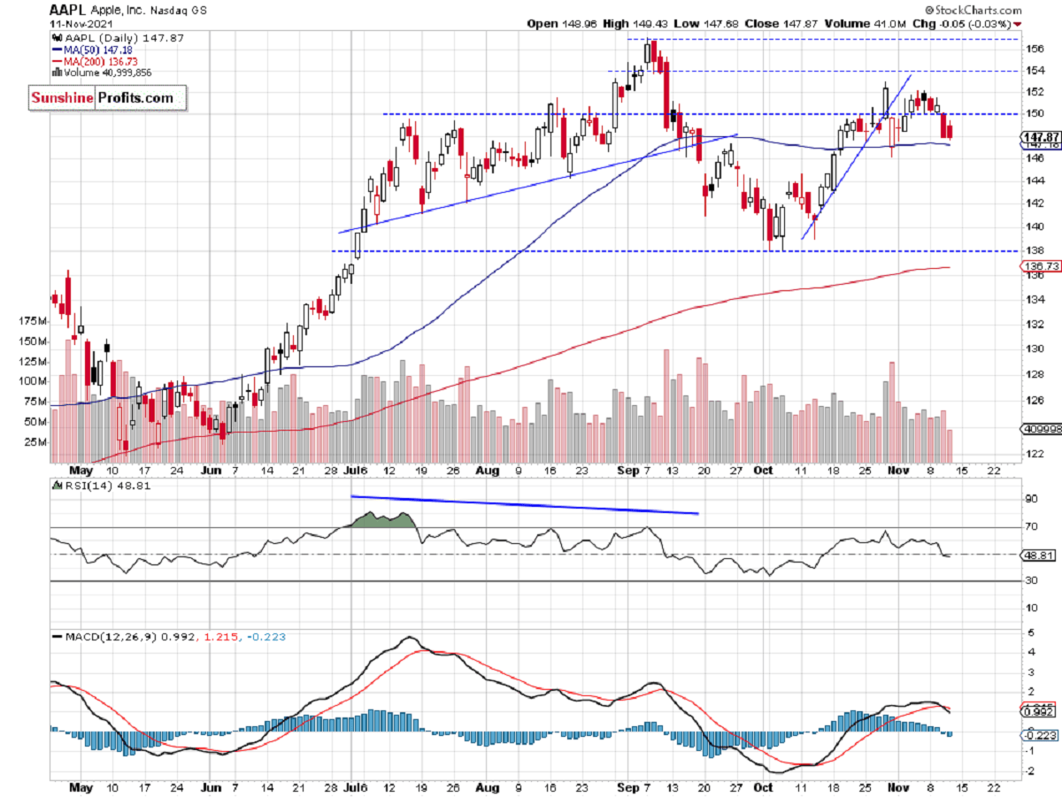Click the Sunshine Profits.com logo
point(103,97)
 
